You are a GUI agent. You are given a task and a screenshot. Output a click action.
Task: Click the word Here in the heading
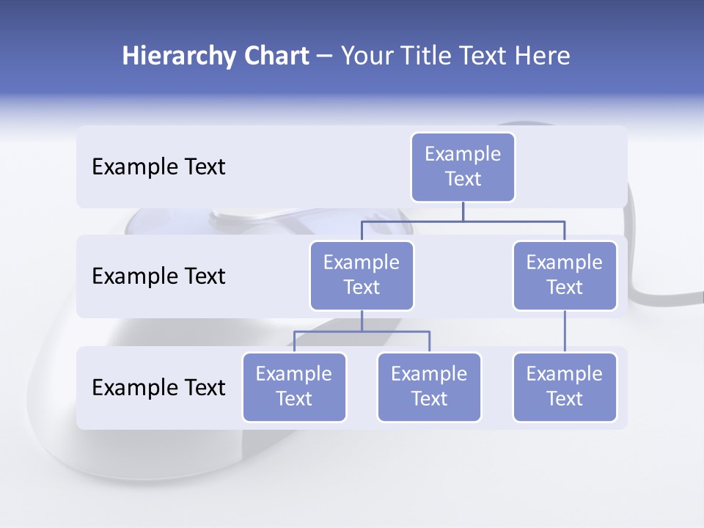point(540,56)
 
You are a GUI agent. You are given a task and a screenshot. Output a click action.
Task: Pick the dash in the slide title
point(324,57)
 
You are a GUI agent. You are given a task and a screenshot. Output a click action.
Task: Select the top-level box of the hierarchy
point(463,166)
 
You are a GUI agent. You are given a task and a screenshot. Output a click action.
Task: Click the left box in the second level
point(362,275)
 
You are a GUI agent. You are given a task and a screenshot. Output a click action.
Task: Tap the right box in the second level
point(565,275)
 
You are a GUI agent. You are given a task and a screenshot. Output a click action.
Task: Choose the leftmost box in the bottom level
point(294,386)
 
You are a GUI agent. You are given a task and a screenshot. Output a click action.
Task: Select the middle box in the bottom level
point(429,386)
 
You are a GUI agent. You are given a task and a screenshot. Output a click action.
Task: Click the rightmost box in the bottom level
point(565,386)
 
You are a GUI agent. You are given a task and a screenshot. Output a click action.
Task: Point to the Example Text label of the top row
point(158,167)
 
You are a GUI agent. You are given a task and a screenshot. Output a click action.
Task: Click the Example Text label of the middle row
point(158,276)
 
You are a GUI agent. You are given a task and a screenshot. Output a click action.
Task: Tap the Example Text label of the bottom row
point(158,388)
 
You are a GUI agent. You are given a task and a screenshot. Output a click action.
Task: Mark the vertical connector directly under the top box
point(463,211)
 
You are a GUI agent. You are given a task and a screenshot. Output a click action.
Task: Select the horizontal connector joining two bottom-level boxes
point(396,331)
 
